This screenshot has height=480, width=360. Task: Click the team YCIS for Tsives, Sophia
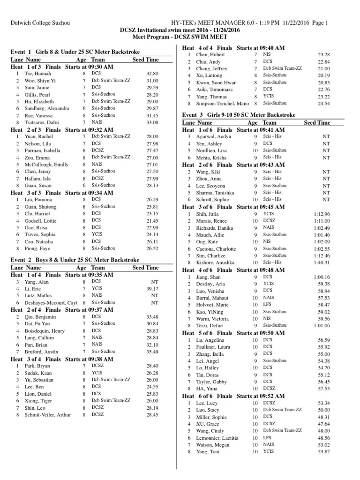(x=97, y=234)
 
